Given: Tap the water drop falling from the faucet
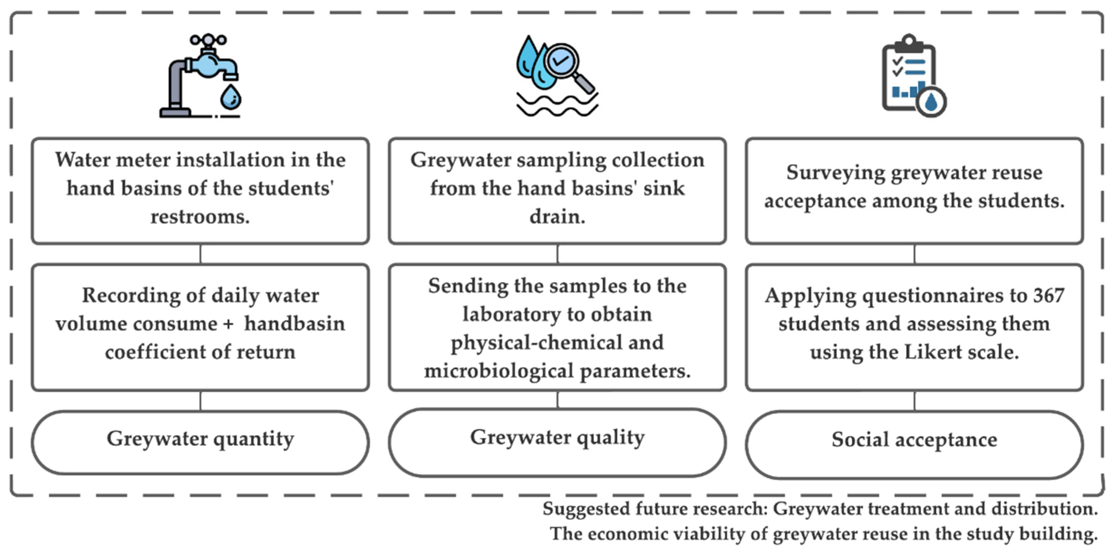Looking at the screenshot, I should [231, 97].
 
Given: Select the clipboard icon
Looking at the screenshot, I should [909, 75].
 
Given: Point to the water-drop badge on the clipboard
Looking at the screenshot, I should [931, 103].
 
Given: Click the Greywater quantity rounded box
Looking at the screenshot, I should [200, 442].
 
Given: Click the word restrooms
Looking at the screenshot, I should [200, 217].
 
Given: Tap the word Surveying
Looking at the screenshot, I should [835, 172].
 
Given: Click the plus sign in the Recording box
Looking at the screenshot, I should [228, 324].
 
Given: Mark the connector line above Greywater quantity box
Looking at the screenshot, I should [200, 401].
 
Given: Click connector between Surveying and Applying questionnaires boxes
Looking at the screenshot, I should [914, 254].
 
